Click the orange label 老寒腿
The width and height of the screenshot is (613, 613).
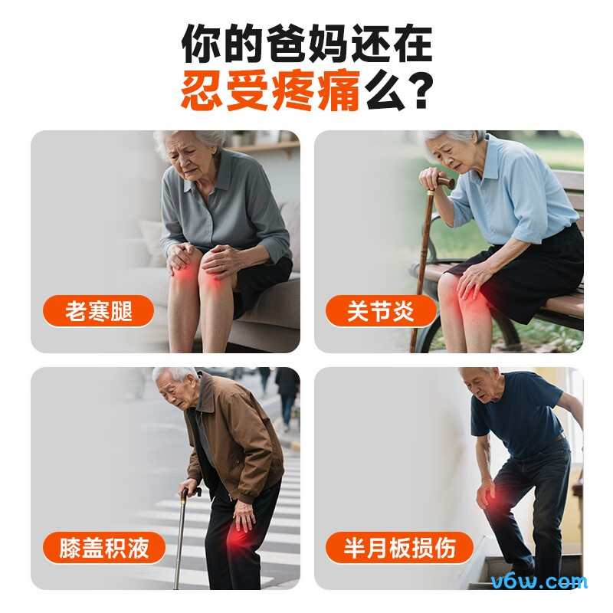click(x=99, y=311)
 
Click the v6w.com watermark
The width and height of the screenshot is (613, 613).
click(x=546, y=582)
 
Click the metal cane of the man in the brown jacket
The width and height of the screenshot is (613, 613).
click(x=180, y=536)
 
